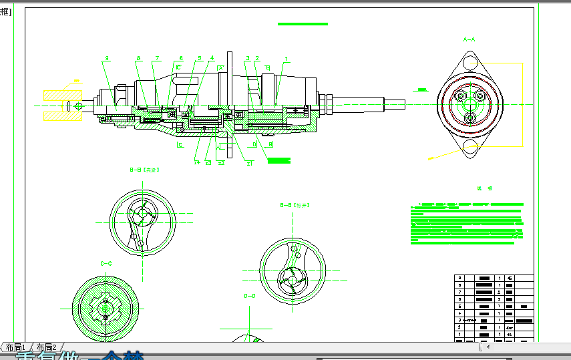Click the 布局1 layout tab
14,347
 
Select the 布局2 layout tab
45,347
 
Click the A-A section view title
469,39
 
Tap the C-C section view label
106,264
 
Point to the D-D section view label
249,295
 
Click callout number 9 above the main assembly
106,58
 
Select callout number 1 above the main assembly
287,58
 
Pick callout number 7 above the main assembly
156,58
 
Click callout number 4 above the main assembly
212,58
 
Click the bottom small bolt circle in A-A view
469,118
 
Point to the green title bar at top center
303,24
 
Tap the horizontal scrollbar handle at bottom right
481,347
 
